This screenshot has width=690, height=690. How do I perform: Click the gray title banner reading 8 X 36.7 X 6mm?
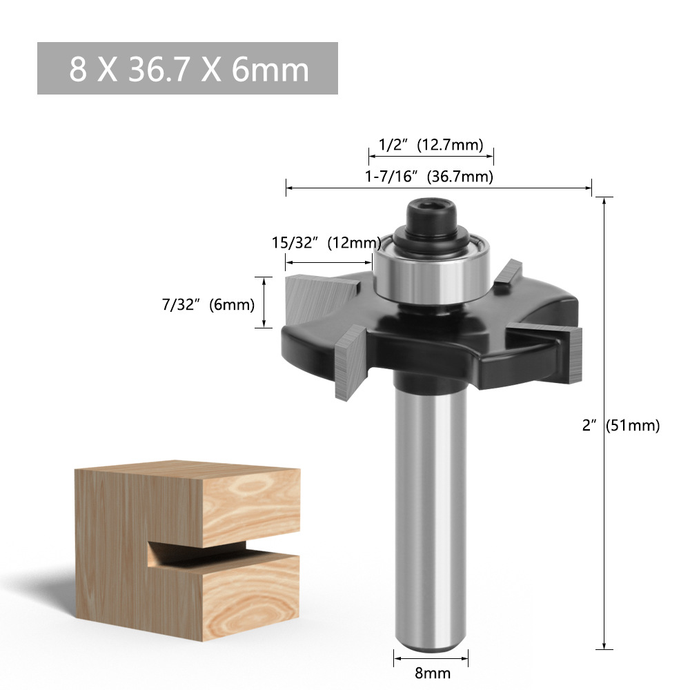[187, 68]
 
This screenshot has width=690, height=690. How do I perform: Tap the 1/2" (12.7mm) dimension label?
[431, 145]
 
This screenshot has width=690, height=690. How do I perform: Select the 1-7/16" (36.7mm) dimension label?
[429, 177]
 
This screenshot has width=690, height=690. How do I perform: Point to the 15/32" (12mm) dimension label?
[326, 243]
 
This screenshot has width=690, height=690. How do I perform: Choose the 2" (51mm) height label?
[621, 426]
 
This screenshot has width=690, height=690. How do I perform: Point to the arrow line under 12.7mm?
[431, 157]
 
